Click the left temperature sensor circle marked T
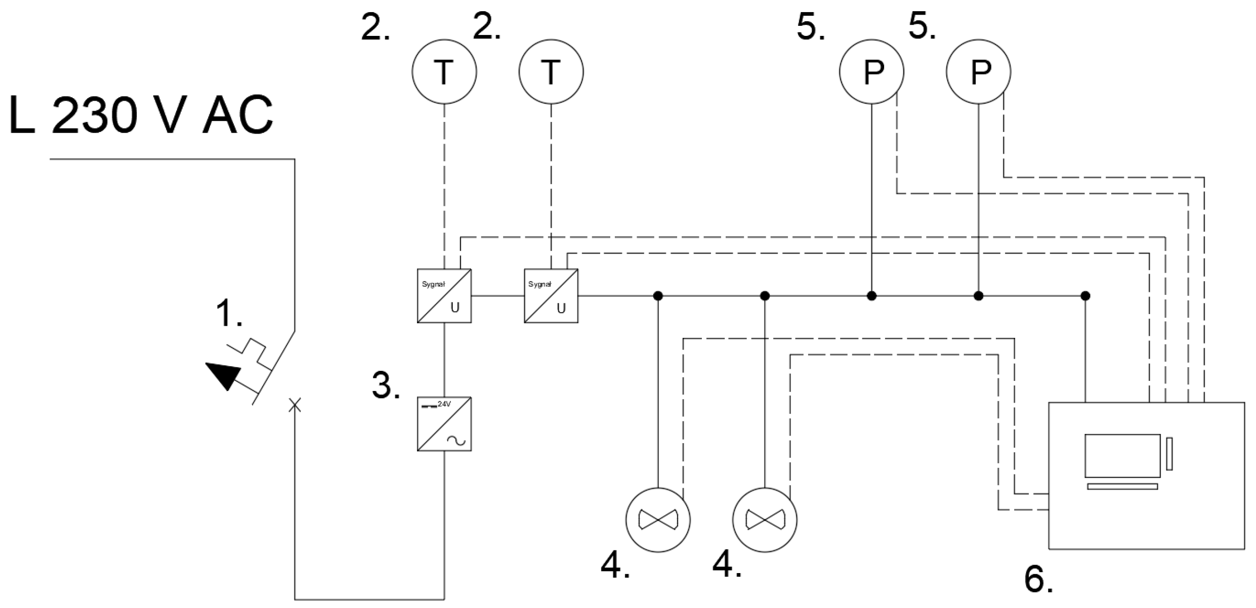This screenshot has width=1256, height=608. [x=444, y=72]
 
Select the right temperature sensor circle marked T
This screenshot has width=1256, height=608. [x=551, y=72]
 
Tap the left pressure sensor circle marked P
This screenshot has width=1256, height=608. [x=871, y=72]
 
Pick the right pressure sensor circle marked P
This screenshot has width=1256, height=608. [x=978, y=72]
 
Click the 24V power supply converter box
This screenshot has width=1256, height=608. [x=444, y=424]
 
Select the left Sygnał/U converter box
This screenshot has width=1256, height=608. [x=444, y=296]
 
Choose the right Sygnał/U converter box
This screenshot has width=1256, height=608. [x=551, y=296]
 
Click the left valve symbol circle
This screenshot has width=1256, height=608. [x=657, y=520]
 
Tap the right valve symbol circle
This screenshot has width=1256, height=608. [x=764, y=520]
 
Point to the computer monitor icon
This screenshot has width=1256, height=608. [x=1122, y=455]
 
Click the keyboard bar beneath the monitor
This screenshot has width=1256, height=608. [x=1122, y=487]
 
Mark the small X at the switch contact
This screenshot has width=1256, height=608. [x=295, y=405]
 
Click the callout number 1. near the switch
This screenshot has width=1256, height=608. [x=229, y=313]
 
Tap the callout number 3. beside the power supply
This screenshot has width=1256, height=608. [x=386, y=385]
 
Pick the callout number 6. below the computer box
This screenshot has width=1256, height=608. [x=1038, y=579]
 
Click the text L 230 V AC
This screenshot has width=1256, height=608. [x=141, y=115]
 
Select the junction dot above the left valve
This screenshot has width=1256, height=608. [x=657, y=296]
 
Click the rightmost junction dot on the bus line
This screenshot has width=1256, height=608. [x=1085, y=296]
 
